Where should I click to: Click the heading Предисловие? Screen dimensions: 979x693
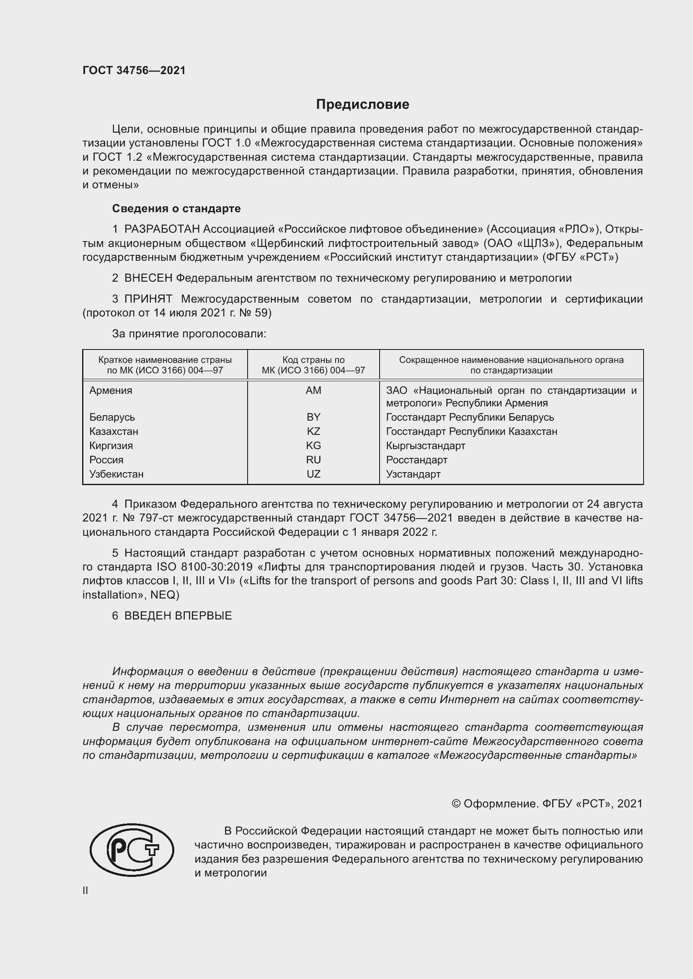362,105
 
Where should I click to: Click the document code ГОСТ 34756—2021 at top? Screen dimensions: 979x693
134,70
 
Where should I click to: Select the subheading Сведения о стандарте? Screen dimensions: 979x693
176,208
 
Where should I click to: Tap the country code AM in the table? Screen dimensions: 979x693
313,390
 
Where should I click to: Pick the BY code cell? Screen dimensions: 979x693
313,417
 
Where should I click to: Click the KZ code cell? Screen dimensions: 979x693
313,431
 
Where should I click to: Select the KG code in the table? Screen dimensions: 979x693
313,446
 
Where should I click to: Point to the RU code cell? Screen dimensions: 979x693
313,460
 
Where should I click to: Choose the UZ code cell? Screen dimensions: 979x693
313,474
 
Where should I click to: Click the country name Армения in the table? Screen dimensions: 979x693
111,390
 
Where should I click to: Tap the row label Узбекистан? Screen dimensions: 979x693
116,474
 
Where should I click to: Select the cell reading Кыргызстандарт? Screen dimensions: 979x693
425,446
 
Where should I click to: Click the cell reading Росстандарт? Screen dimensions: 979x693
416,460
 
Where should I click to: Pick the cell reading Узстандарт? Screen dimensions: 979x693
413,474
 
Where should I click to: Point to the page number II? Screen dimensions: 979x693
85,890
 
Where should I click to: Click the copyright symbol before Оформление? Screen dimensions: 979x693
456,804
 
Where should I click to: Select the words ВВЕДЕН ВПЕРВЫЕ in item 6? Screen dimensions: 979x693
178,616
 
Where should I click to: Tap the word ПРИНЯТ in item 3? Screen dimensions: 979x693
148,299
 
